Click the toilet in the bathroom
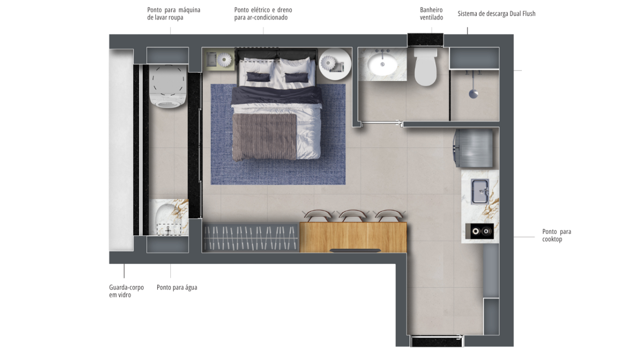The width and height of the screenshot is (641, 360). tap(426, 67)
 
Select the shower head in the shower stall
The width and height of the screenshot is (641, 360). tap(473, 94)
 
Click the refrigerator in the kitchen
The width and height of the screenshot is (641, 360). tap(473, 148)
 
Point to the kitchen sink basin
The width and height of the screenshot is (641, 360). tap(480, 191)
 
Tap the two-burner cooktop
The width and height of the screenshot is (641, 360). tap(480, 231)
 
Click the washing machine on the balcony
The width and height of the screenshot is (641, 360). tap(168, 86)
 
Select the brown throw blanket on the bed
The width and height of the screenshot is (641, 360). tap(264, 137)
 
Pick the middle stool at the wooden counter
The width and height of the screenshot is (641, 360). tap(353, 215)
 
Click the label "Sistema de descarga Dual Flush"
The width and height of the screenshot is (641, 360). tap(496, 14)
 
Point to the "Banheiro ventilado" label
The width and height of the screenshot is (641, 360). tap(431, 14)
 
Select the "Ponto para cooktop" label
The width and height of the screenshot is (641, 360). tap(556, 235)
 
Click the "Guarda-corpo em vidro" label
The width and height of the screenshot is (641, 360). tap(126, 291)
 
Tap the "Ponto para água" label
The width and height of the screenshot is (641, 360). tap(177, 287)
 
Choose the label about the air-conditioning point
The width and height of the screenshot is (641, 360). tap(263, 14)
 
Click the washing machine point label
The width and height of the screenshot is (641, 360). tap(174, 14)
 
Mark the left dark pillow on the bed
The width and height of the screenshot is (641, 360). tap(258, 77)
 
